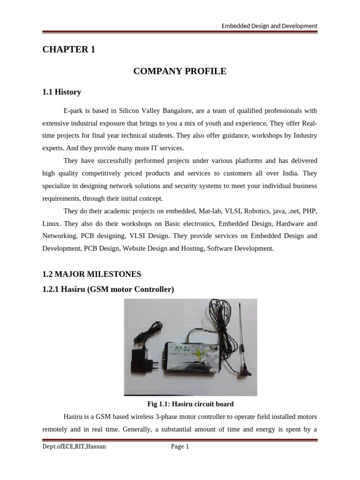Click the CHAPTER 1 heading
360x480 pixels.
click(68, 50)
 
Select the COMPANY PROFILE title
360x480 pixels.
click(180, 71)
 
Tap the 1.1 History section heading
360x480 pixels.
click(61, 92)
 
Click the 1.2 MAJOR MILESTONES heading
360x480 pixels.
click(91, 273)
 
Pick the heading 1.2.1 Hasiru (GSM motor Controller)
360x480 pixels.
click(108, 290)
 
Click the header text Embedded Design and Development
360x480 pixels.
click(270, 26)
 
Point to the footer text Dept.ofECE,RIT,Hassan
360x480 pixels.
click(74, 447)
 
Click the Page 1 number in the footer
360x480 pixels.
click(180, 447)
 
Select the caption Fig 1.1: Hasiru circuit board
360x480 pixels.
click(190, 404)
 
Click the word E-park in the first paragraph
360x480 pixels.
click(73, 111)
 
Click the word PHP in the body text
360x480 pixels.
click(311, 211)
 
